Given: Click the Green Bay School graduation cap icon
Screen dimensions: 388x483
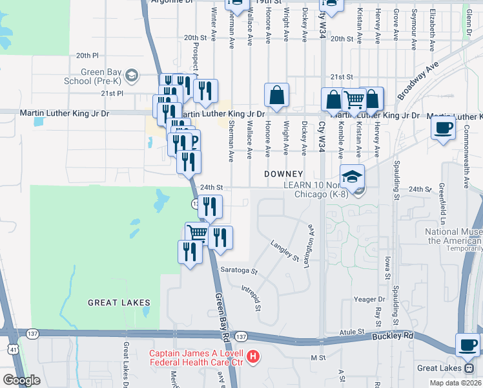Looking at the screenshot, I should [132, 76].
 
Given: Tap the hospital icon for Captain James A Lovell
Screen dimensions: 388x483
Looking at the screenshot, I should [253, 356].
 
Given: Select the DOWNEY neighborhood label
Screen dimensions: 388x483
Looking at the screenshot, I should [283, 174].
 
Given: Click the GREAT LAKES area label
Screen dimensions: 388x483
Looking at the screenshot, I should [119, 302].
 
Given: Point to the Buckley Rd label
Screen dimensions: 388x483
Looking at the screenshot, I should [391, 336].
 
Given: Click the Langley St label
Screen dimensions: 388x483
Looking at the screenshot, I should [285, 251].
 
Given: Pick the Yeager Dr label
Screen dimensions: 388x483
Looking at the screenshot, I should [369, 299].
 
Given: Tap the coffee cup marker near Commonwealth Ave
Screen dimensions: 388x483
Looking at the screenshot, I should [444, 127].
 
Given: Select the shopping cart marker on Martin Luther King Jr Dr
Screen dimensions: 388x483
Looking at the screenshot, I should [354, 100].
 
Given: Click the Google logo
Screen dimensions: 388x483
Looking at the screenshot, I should [22, 380].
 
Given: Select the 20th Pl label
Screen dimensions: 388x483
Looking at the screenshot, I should [87, 56].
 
